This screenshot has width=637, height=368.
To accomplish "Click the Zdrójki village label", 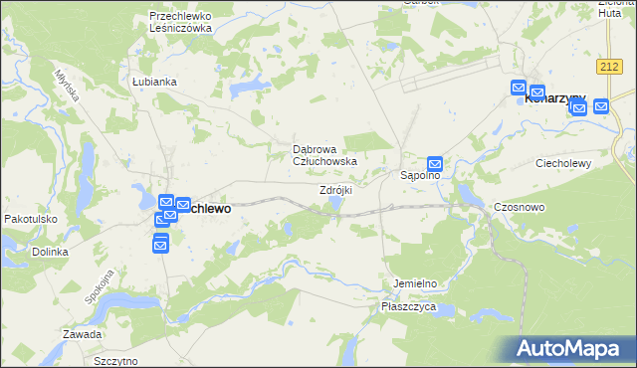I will (x=335, y=190).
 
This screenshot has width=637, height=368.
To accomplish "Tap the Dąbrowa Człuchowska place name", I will (x=323, y=154).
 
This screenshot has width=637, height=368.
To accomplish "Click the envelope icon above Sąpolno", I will (x=435, y=163).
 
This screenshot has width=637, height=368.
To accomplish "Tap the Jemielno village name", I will (x=415, y=283).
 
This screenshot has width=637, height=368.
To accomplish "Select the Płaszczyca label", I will (x=409, y=307).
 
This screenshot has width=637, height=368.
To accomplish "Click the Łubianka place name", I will (x=153, y=82).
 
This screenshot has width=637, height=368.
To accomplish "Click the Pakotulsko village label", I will (x=31, y=219).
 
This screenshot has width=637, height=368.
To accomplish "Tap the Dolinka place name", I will (x=49, y=252).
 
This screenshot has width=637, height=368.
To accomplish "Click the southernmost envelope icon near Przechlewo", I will (x=160, y=243).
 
